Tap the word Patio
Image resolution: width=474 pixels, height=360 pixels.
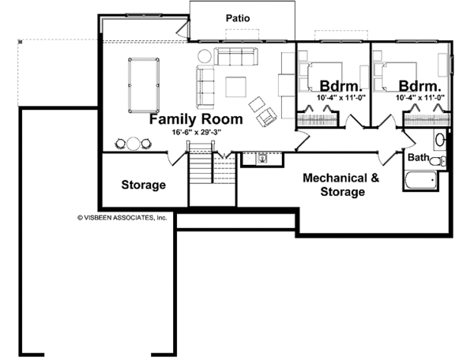click(238, 17)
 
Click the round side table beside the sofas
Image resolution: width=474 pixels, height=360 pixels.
click(205, 56)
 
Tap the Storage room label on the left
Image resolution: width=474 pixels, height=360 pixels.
click(143, 186)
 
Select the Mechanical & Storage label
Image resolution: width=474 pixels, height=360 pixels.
click(341, 185)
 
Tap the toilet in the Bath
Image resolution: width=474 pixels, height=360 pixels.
click(443, 162)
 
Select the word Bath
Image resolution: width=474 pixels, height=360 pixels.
click(419, 158)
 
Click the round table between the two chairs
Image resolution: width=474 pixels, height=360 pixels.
click(133, 143)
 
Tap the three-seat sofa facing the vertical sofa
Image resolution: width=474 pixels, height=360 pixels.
click(236, 57)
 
